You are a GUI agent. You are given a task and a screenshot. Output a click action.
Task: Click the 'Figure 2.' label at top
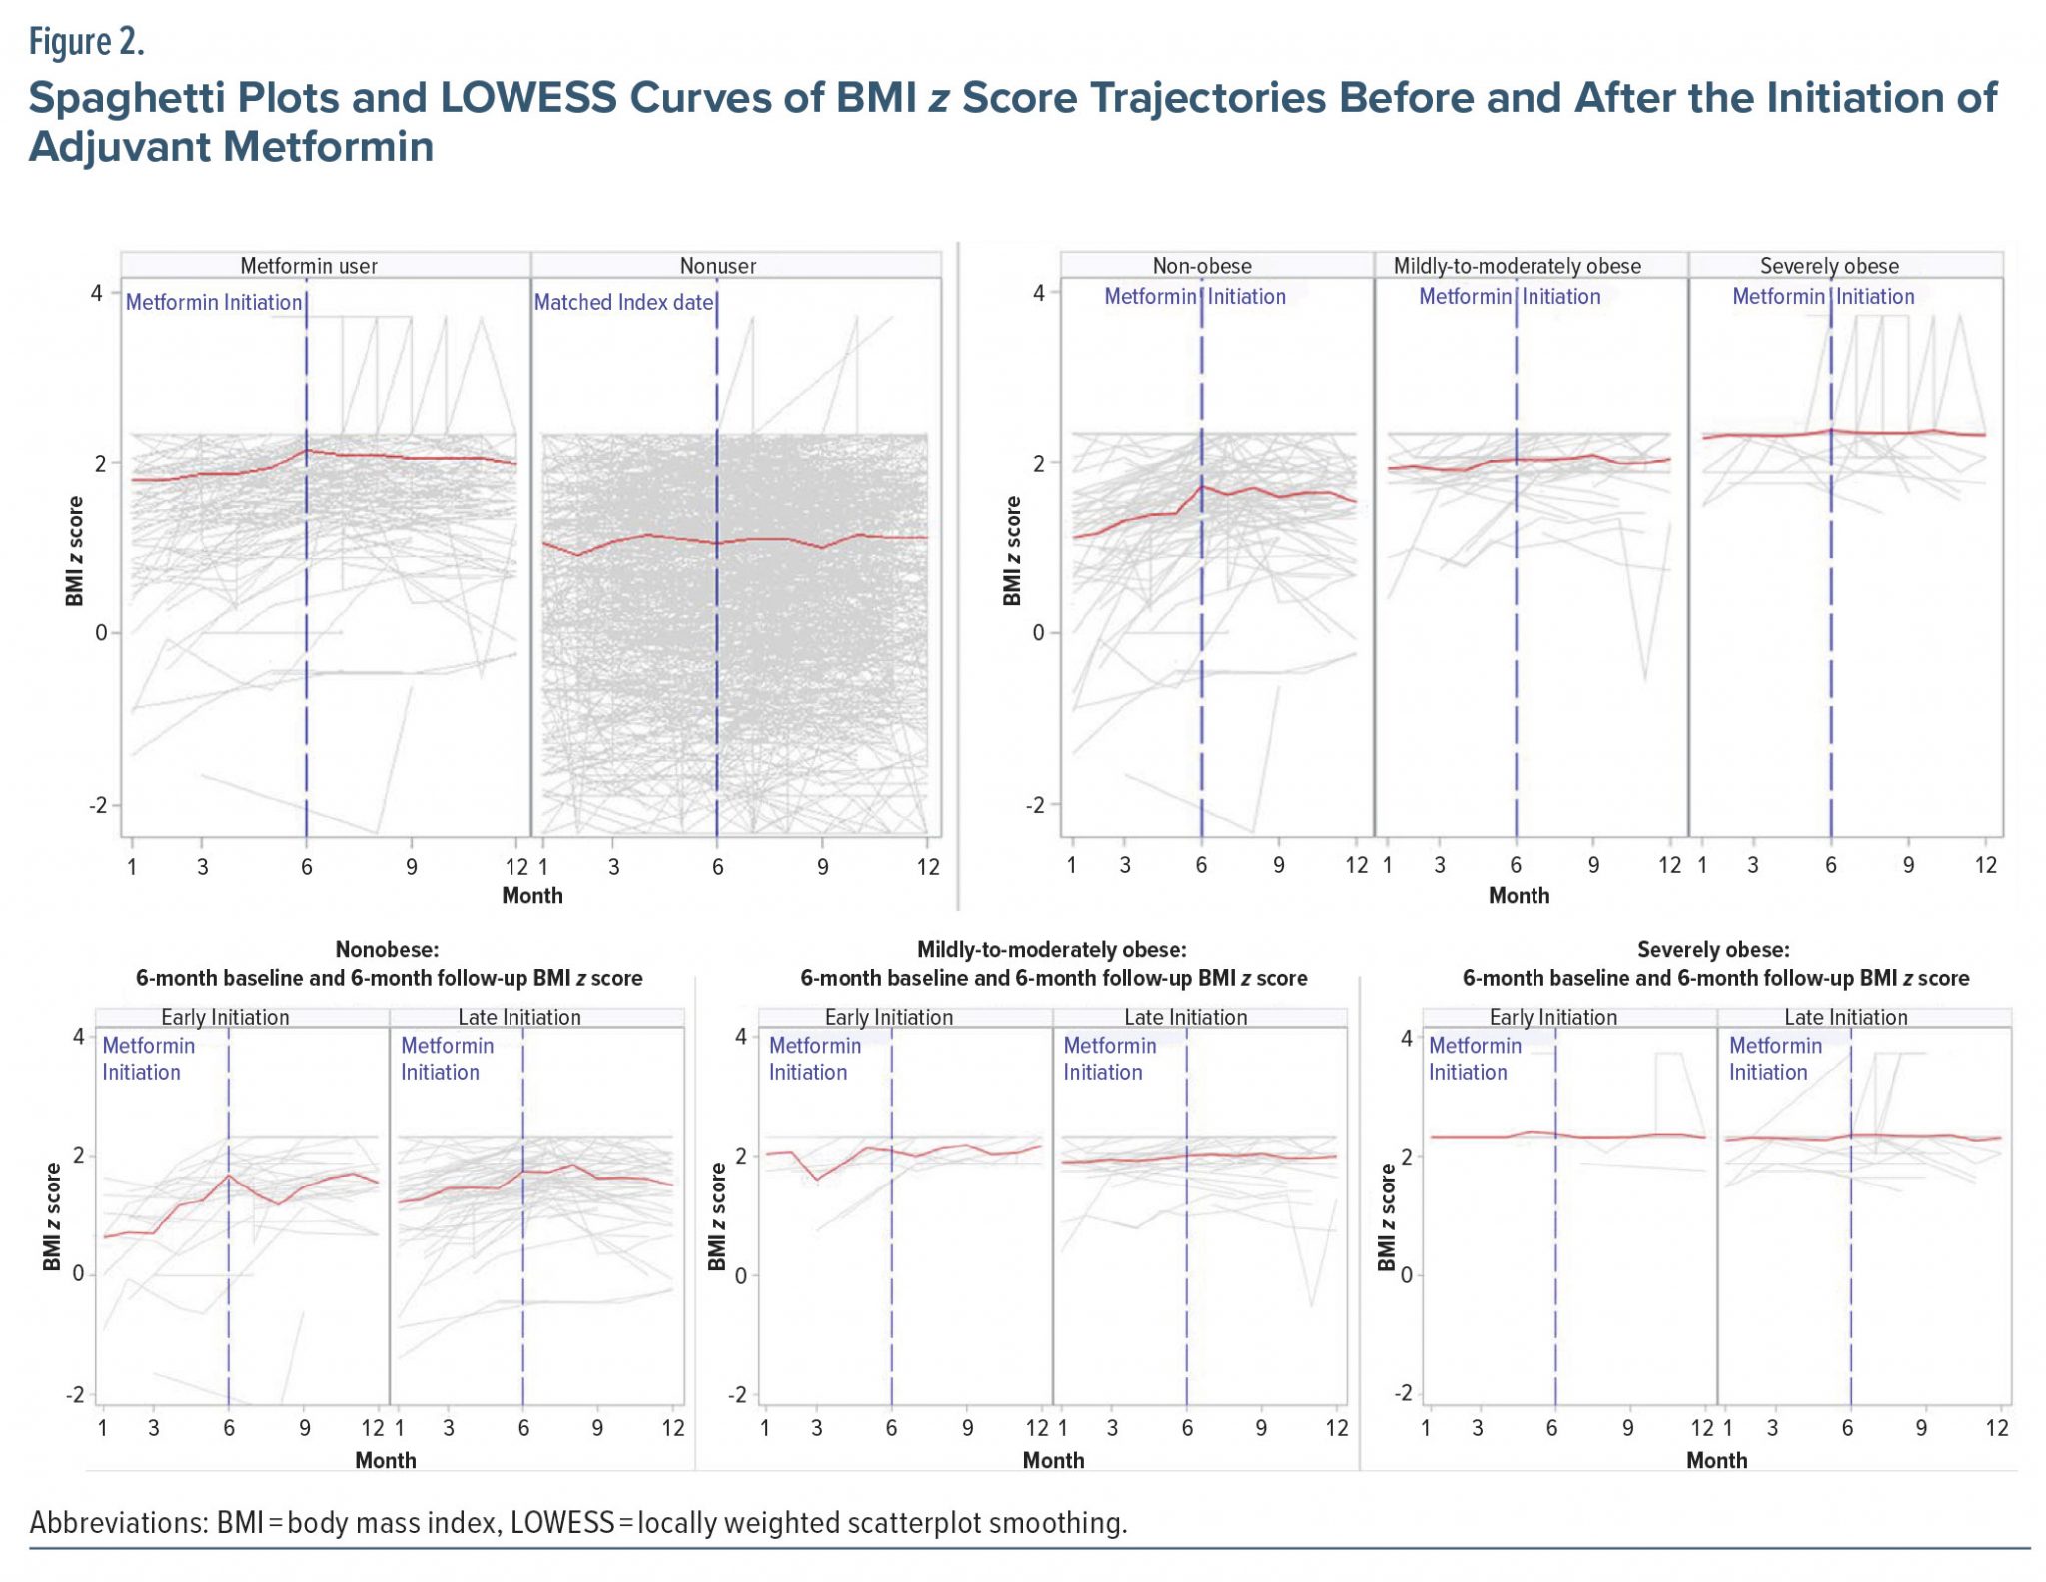(x=86, y=42)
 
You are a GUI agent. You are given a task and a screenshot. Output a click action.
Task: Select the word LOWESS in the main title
(x=528, y=98)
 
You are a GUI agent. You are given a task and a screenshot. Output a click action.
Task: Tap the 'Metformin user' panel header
(x=309, y=266)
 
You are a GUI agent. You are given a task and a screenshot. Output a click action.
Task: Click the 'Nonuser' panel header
(x=717, y=266)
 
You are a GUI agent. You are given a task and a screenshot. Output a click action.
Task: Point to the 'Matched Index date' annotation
(x=623, y=302)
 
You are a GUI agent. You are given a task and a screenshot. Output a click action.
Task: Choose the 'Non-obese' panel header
(x=1202, y=266)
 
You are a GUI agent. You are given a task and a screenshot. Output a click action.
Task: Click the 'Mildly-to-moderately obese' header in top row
(x=1517, y=266)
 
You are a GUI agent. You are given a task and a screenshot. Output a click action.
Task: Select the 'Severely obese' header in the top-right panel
(x=1829, y=266)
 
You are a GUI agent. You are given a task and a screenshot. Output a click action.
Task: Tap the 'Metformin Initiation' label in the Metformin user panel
(x=214, y=302)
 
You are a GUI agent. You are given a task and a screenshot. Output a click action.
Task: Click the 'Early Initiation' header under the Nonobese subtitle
(x=225, y=1017)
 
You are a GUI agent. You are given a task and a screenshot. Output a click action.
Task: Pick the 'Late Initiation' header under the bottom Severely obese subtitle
(x=1845, y=1017)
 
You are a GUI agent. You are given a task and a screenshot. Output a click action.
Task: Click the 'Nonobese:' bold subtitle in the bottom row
(x=387, y=949)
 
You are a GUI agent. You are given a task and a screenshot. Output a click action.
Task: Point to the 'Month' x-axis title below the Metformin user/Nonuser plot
(x=531, y=895)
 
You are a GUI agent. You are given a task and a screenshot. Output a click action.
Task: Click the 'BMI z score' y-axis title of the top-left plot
(x=75, y=551)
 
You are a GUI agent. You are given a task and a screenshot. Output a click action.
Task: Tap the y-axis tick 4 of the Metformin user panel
(x=97, y=293)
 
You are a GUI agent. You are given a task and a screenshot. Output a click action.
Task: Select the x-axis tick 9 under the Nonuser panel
(x=822, y=866)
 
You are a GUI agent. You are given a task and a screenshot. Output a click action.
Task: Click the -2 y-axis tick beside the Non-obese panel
(x=1035, y=805)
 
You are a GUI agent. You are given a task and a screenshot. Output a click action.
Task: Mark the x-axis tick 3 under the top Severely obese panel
(x=1753, y=865)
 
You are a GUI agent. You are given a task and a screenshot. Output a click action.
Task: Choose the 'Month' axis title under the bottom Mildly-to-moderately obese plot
(x=1053, y=1460)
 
